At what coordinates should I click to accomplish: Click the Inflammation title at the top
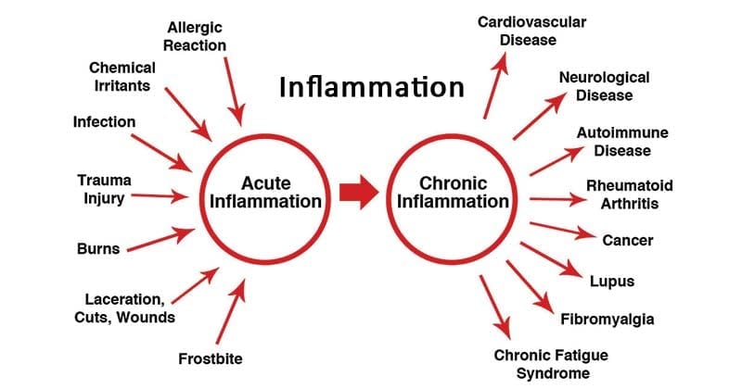[x=372, y=87]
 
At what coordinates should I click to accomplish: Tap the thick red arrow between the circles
[x=359, y=192]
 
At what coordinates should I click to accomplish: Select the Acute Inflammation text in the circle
[x=265, y=193]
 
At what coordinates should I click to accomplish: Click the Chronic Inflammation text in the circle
[x=453, y=193]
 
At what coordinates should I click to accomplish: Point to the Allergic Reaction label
[x=195, y=36]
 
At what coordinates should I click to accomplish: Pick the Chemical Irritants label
[x=122, y=77]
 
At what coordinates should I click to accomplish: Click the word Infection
[x=104, y=122]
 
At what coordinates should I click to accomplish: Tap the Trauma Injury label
[x=104, y=189]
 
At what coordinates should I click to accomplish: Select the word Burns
[x=98, y=248]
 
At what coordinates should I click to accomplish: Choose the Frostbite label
[x=211, y=358]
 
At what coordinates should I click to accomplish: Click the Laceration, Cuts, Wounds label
[x=124, y=308]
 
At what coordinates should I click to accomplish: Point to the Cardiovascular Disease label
[x=531, y=31]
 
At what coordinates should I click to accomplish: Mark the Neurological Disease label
[x=605, y=86]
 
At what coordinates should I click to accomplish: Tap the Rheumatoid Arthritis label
[x=630, y=194]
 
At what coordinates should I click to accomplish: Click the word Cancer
[x=628, y=240]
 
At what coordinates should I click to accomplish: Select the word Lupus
[x=612, y=282]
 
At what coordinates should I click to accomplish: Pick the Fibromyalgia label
[x=608, y=320]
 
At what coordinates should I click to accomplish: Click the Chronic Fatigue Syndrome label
[x=551, y=364]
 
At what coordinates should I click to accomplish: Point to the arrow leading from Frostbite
[x=231, y=311]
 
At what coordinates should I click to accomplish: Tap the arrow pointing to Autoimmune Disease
[x=557, y=161]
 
